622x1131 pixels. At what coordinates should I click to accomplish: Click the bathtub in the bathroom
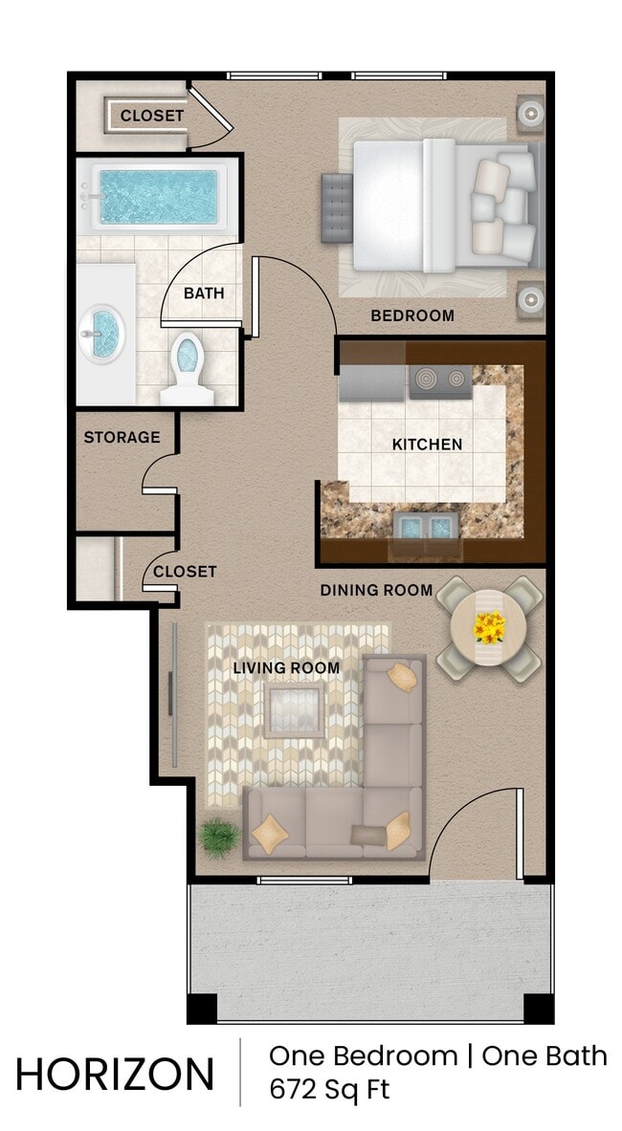click(x=158, y=197)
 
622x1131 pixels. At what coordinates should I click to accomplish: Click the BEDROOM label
click(x=412, y=315)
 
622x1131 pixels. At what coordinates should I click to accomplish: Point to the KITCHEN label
click(x=427, y=444)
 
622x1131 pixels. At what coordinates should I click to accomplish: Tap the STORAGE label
click(x=122, y=437)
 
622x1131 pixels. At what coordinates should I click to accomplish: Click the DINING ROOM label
click(x=376, y=590)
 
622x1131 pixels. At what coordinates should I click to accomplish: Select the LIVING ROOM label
click(x=286, y=667)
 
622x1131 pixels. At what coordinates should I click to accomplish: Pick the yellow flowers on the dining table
click(x=490, y=627)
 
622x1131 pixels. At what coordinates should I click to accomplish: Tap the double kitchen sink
click(x=426, y=527)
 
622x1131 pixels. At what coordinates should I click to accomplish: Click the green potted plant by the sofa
click(x=218, y=837)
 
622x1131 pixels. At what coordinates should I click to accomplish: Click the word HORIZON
click(x=115, y=1075)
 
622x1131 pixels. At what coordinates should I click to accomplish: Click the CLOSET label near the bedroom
click(x=151, y=116)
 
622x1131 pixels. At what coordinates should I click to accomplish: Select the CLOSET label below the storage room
click(x=185, y=571)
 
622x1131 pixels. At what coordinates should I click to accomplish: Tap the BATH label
click(x=204, y=293)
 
